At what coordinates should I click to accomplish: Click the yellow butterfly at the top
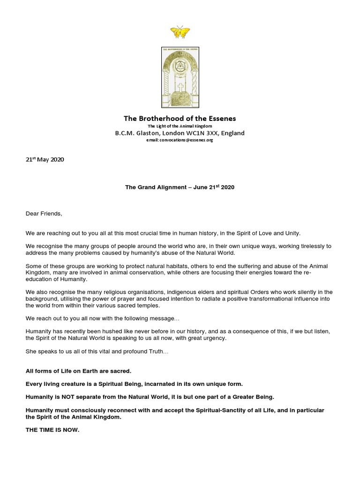pos(180,32)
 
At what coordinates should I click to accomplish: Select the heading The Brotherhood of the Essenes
pos(180,118)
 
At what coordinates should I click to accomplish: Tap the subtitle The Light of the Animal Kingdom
pos(180,126)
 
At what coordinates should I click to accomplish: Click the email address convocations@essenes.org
pos(188,140)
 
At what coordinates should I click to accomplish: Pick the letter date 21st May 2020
pos(45,159)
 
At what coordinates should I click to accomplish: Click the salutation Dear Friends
pos(44,214)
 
